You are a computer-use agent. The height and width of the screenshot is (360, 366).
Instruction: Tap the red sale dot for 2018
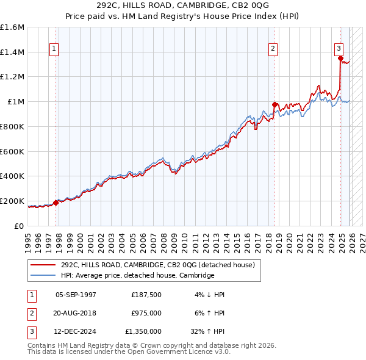coord(274,104)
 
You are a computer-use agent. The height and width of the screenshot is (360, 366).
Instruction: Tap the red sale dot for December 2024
coord(340,58)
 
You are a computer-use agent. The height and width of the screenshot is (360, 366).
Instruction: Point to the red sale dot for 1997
coord(56,203)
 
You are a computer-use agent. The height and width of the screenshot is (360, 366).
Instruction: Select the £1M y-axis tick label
coord(15,102)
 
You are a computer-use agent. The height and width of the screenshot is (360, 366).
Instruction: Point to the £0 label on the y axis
coord(20,226)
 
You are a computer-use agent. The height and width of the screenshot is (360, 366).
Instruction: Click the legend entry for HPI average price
coord(137,276)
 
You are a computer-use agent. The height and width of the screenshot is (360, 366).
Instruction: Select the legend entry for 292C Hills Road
coord(161,265)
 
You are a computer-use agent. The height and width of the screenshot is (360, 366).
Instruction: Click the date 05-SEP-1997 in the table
coord(76,295)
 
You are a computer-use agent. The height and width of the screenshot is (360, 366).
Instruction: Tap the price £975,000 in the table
coord(146,313)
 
